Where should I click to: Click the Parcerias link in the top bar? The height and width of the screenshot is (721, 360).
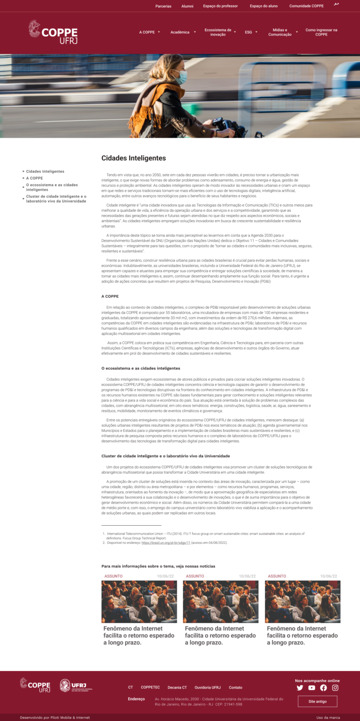point(163,6)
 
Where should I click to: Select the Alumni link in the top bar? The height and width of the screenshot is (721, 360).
point(187,6)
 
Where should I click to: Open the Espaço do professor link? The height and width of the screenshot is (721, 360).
point(220,6)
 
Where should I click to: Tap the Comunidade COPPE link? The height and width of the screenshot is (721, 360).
point(306,6)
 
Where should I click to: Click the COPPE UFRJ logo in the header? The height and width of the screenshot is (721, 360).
point(53,32)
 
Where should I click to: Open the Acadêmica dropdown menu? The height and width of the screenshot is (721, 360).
point(182,32)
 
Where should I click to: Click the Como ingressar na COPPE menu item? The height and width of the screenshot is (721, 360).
point(321,32)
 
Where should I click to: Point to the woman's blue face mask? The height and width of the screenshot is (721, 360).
point(182,77)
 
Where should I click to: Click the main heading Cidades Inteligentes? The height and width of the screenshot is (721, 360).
point(134,158)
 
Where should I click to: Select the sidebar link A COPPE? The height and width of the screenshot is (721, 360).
point(35,178)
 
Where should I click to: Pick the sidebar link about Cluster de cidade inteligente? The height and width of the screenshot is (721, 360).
point(56,199)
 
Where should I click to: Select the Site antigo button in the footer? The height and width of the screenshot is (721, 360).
point(317,701)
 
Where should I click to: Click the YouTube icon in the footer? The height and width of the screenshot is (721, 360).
point(312,688)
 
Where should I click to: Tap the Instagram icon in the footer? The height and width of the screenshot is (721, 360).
point(335,688)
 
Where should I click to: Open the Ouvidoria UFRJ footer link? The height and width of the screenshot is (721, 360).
point(208,687)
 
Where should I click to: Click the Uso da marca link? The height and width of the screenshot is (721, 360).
point(328,717)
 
